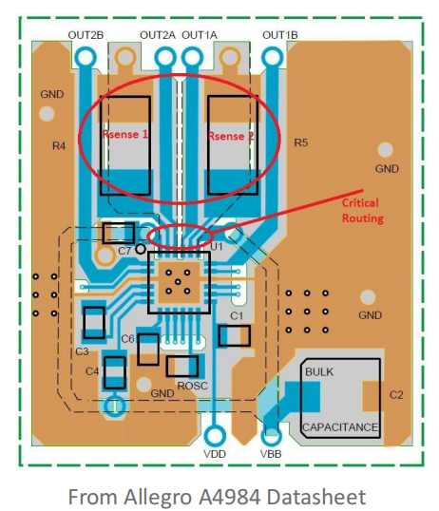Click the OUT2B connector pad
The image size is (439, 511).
86,58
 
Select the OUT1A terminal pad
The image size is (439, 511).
192,58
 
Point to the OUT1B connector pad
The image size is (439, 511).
272,58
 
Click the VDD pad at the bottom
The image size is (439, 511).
215,436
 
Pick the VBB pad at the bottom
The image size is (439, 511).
272,436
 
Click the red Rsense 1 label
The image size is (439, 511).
125,134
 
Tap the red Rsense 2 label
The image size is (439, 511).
231,136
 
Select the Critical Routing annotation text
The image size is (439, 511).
362,210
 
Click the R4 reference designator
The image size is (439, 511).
59,146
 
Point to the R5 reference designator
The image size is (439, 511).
300,142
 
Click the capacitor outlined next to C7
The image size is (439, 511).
119,233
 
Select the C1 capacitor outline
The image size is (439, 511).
235,335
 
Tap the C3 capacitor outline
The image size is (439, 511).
94,323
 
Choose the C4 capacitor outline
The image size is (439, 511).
115,372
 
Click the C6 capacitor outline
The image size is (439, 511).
148,349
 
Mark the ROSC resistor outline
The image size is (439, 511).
182,367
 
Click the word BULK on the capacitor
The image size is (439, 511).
319,371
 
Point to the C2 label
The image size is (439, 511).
396,395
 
